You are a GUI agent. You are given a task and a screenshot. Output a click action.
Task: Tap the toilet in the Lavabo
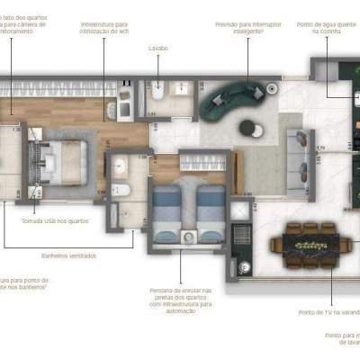pos(157,91)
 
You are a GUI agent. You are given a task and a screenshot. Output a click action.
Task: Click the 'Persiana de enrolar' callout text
pos(181,301)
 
